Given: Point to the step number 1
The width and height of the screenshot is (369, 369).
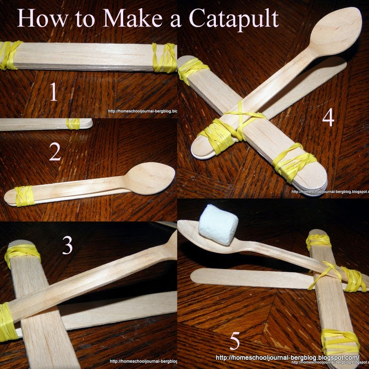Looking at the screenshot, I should click(x=54, y=92).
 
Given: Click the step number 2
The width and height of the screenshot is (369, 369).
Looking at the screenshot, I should click(x=55, y=153).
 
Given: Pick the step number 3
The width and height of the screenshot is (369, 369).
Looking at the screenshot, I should click(x=67, y=246).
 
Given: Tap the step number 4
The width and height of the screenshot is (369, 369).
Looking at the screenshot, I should click(x=327, y=118).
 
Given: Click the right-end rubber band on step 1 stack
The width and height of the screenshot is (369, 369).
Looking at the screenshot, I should click(x=164, y=58).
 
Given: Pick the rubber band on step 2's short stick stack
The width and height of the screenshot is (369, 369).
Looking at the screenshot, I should click(x=72, y=124).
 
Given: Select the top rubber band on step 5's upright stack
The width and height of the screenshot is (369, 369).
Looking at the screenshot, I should click(x=318, y=241).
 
